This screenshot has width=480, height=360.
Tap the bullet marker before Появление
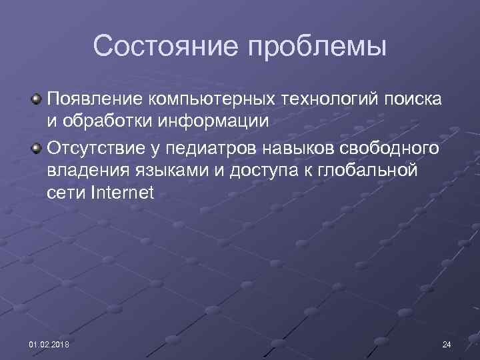(39, 99)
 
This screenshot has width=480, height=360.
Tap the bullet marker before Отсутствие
(39, 146)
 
